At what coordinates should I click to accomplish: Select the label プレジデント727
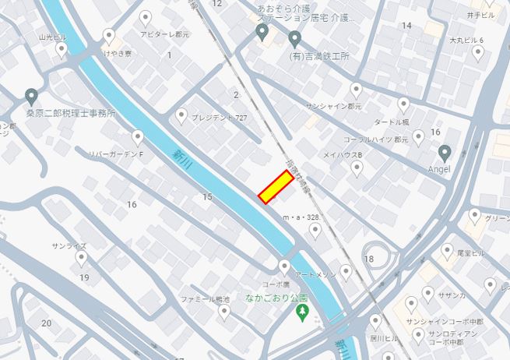pos(219,117)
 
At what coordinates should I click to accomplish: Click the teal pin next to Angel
pos(445,152)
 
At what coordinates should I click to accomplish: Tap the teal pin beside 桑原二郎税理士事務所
pos(31,97)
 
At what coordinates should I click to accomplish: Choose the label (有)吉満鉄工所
pos(319,57)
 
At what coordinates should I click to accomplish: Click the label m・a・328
pos(301,217)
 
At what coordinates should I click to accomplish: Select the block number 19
pos(84,277)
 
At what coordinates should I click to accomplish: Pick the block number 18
pos(368,259)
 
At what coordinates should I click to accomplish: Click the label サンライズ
pos(69,245)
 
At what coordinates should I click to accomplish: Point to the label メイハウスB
pos(343,155)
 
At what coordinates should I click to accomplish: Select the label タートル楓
pos(391,122)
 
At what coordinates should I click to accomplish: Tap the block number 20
pos(47,323)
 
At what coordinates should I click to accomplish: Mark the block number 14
pos(406,26)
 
